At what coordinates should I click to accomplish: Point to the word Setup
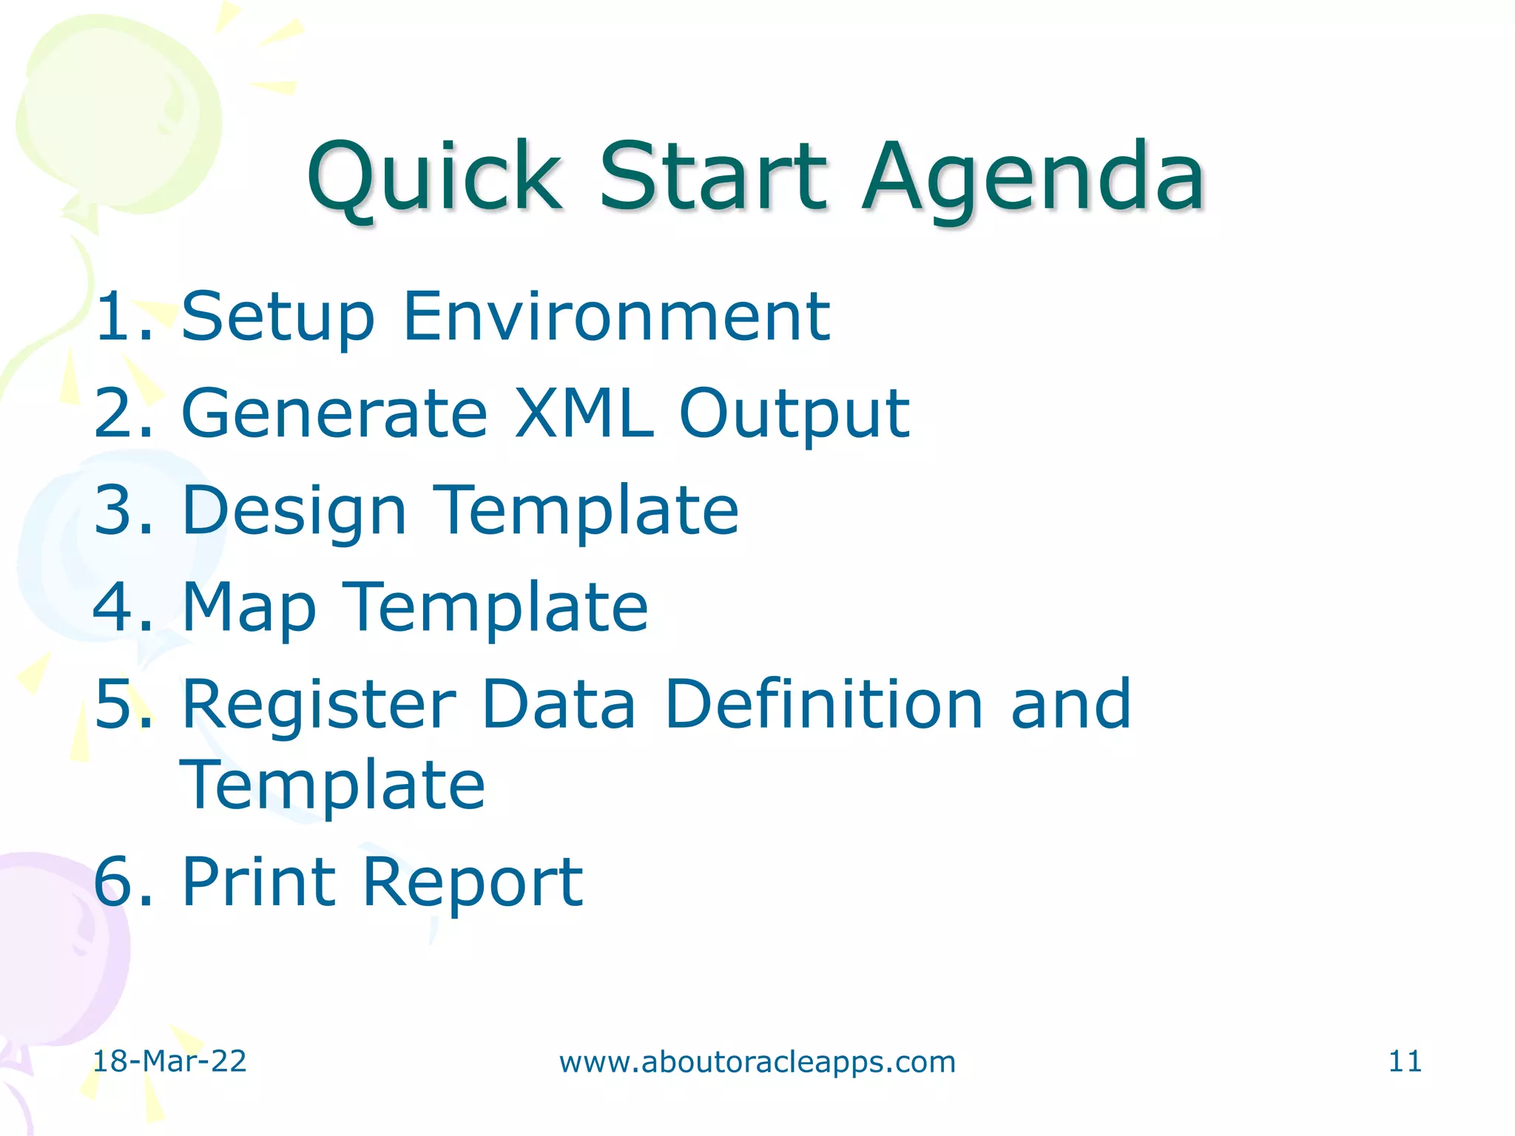[x=278, y=318]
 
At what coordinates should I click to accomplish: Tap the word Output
[x=794, y=414]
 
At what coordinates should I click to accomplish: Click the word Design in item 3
[x=294, y=512]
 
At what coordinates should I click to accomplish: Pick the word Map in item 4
[x=249, y=609]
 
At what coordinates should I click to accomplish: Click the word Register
[x=319, y=705]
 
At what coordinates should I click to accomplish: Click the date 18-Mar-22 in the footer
[x=169, y=1061]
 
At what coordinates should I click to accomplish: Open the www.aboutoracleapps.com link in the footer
[x=757, y=1062]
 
